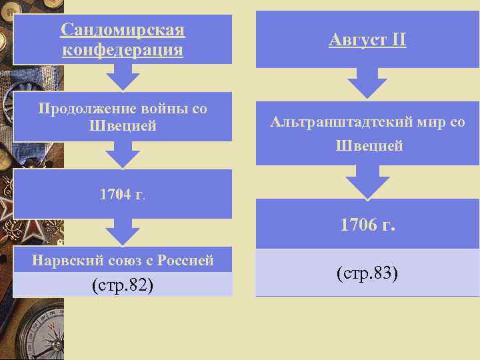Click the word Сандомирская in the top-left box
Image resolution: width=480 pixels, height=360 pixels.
coord(123,30)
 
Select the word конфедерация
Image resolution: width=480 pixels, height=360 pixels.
coord(123,50)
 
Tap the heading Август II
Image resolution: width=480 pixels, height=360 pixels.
coord(367,41)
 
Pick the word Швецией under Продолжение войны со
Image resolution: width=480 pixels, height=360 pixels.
coord(123,125)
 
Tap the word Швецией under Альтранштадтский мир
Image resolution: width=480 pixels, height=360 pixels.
coord(367,146)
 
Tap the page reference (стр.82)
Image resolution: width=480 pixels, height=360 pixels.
coord(123,285)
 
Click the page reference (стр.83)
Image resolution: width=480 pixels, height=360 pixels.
coord(367,273)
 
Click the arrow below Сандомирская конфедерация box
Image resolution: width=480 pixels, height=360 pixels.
coord(123,79)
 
